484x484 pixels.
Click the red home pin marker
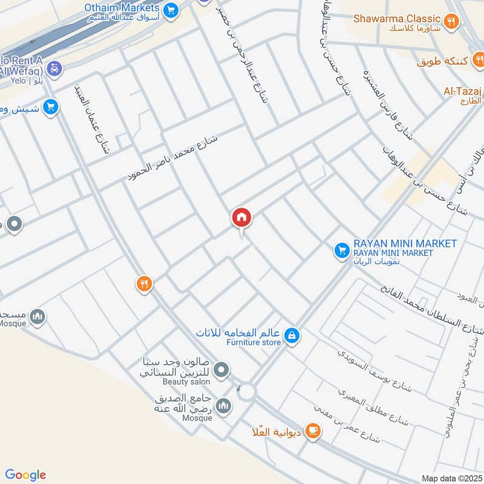(241, 218)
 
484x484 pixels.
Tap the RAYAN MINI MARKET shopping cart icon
(341, 249)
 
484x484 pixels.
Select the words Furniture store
(253, 342)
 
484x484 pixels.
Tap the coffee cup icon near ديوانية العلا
(312, 430)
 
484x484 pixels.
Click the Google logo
(25, 475)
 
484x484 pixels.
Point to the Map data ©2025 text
(451, 479)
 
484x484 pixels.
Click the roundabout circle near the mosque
(246, 392)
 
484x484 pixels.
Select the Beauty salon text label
(186, 382)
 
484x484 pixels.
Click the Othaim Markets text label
(122, 8)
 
